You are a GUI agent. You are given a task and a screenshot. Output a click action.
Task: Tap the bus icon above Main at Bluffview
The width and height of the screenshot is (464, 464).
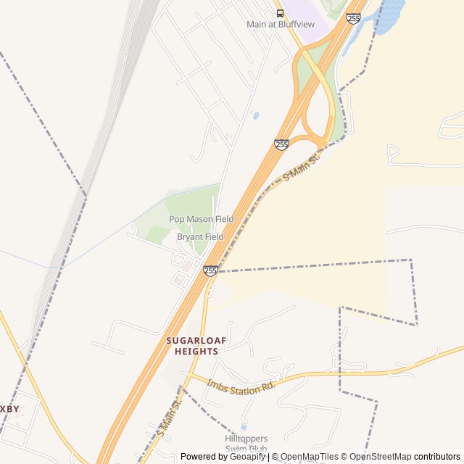(x=280, y=13)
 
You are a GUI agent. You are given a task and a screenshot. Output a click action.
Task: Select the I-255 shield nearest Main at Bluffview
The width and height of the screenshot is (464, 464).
(x=354, y=18)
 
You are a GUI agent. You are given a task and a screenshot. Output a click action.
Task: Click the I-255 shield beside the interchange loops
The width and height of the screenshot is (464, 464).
(x=282, y=145)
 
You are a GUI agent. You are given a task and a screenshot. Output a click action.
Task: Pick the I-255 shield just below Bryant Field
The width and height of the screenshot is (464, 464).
(x=210, y=270)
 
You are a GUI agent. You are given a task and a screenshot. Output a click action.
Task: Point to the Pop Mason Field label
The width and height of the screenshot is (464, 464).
(x=201, y=219)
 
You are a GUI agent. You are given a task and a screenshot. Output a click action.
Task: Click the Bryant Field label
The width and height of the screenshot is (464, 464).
(x=200, y=236)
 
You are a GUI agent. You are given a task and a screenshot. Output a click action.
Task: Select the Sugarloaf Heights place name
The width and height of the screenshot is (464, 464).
(x=192, y=346)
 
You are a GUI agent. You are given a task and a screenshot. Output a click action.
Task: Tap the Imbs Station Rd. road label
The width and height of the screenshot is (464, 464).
(x=241, y=385)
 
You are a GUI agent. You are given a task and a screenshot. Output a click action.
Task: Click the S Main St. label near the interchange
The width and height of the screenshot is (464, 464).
(x=302, y=166)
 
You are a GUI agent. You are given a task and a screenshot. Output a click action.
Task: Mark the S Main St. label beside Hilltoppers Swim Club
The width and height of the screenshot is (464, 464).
(x=167, y=420)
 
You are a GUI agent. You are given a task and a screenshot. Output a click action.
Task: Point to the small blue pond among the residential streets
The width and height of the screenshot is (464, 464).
(x=255, y=115)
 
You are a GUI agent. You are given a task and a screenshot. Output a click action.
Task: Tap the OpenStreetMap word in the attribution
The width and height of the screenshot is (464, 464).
(x=381, y=457)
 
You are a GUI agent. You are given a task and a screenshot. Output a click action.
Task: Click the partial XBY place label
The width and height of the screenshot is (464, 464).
(x=10, y=409)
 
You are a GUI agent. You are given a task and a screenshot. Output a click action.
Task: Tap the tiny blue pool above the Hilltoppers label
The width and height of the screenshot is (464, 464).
(x=244, y=426)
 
